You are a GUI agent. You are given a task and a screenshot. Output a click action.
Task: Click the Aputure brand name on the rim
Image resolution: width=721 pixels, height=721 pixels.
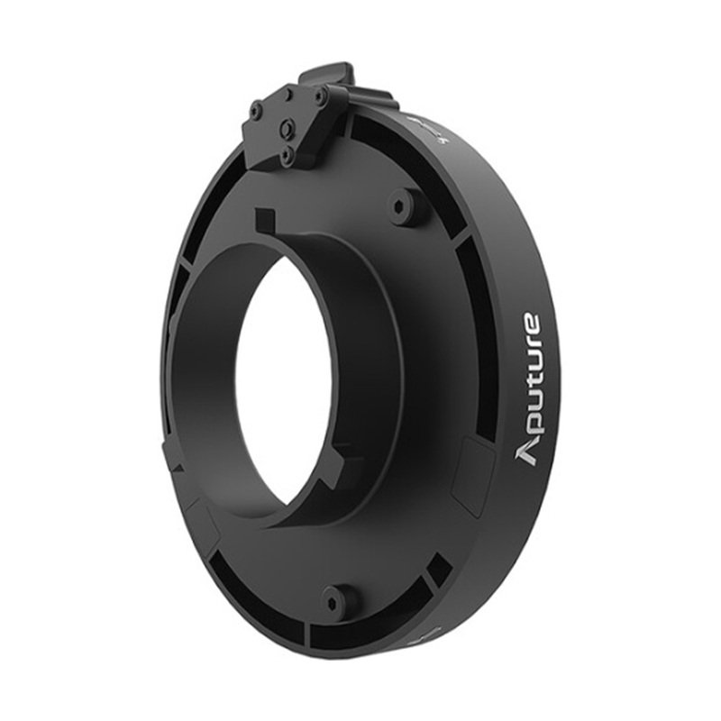(528, 389)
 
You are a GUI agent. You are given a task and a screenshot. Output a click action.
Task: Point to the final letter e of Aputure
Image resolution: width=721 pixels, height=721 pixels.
(531, 324)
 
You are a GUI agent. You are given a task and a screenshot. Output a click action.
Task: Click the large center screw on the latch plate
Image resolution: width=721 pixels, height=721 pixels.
(287, 124)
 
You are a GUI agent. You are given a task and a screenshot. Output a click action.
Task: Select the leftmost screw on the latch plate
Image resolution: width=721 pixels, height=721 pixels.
(255, 109)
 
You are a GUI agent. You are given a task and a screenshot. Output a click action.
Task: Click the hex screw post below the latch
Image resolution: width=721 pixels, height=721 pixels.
(399, 206)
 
